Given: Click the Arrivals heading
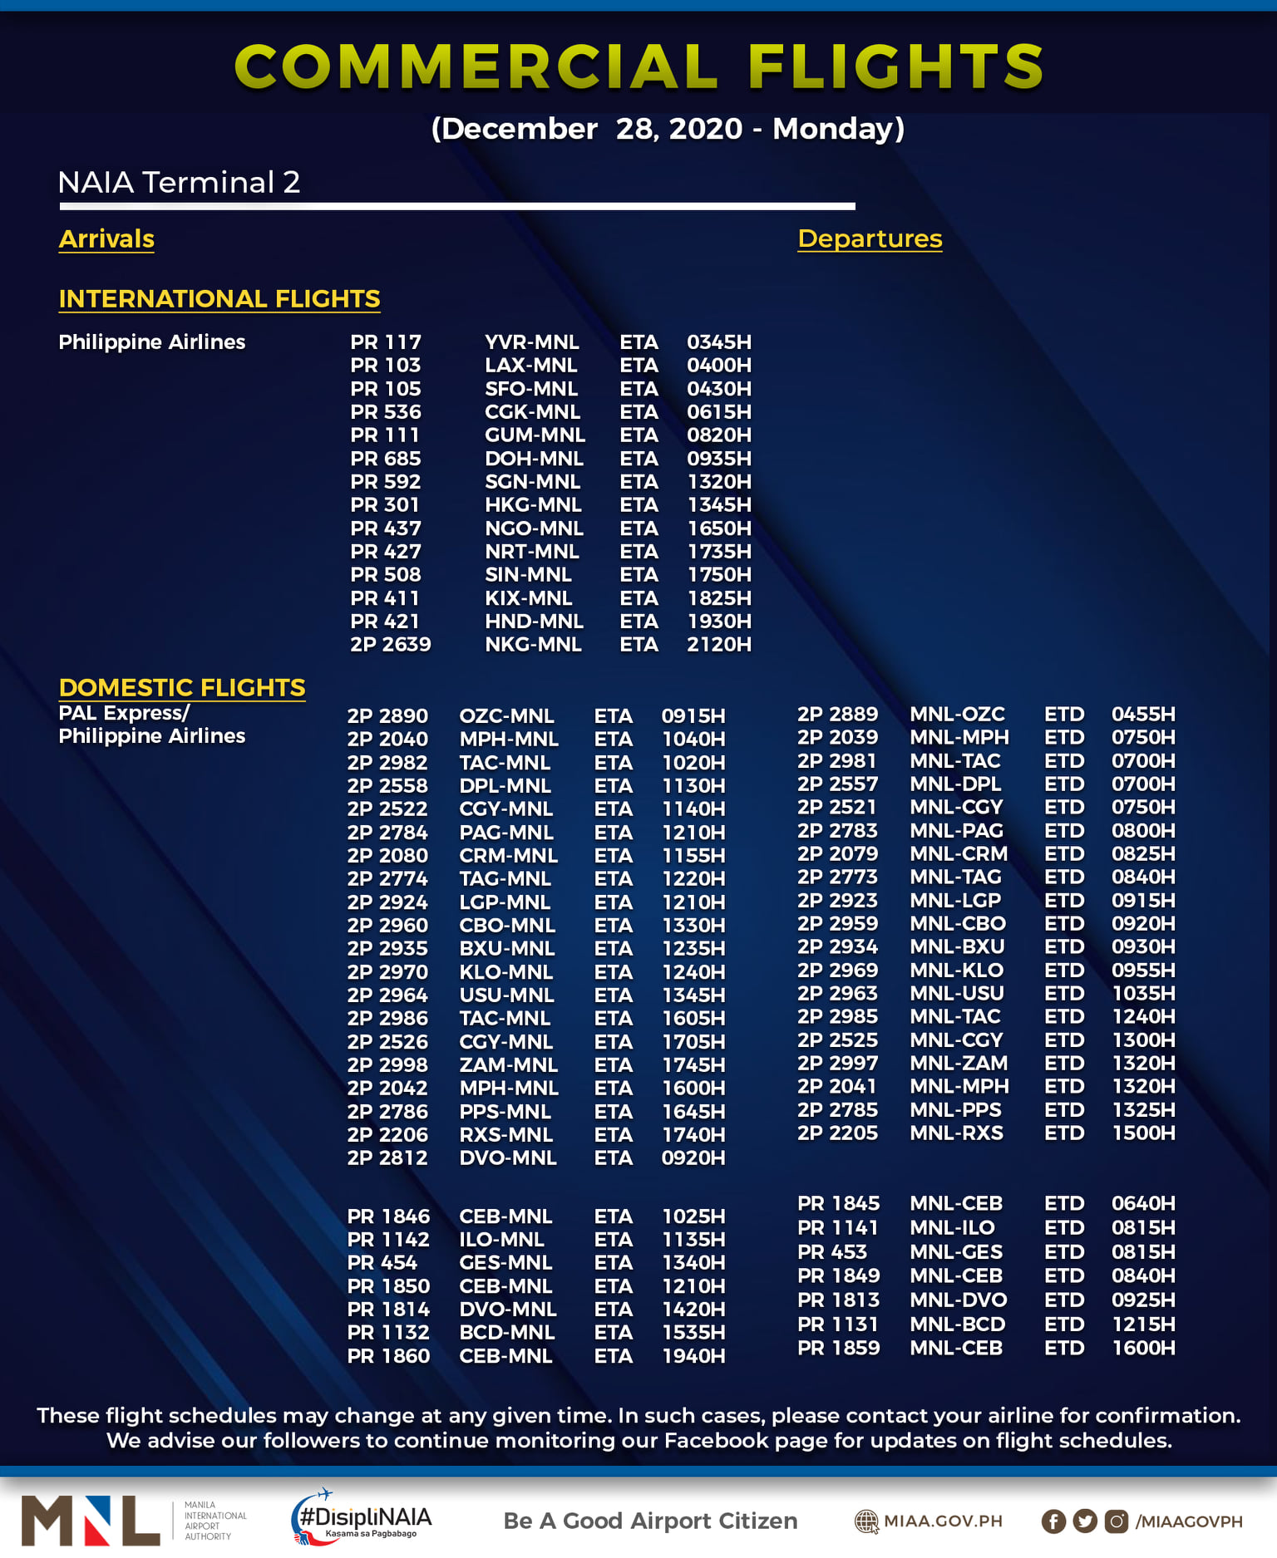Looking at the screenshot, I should [x=106, y=239].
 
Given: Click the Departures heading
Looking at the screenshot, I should [x=870, y=239].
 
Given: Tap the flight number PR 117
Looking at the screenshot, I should [x=386, y=342].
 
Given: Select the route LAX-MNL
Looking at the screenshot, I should [x=531, y=366].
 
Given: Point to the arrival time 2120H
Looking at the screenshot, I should [x=718, y=645].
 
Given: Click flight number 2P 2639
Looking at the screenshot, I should [x=391, y=645].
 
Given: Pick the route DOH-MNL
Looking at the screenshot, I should [x=534, y=459].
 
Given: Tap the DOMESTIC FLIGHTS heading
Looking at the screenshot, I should [x=182, y=688].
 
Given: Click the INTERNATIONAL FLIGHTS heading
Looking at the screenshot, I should [x=219, y=299].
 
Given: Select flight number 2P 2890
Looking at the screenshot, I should [x=387, y=716].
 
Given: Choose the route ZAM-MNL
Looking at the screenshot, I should [x=508, y=1065].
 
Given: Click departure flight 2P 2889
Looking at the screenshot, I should [x=837, y=715].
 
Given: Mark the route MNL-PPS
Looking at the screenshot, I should [x=955, y=1110].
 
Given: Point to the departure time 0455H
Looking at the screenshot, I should [x=1143, y=715].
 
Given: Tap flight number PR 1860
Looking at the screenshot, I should [x=388, y=1356].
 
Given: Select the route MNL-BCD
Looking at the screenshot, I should [x=957, y=1325].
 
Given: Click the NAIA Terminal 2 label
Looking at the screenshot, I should [x=179, y=183].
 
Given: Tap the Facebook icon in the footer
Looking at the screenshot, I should [x=1053, y=1521].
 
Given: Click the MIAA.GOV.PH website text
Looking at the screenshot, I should [x=943, y=1521].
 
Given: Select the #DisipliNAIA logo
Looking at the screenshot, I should [x=362, y=1519].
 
